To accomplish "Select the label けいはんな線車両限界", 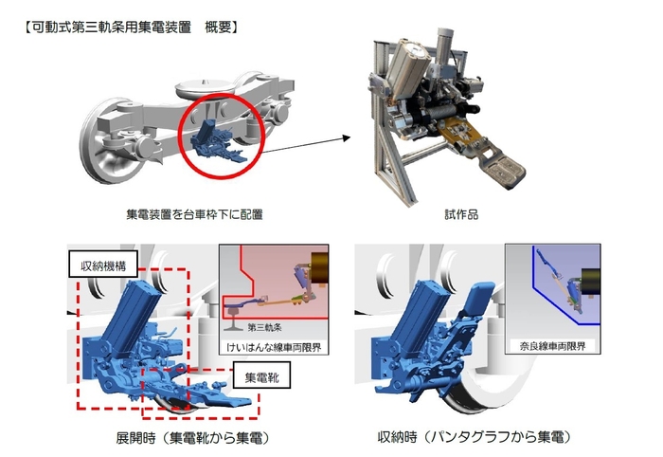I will [274, 346].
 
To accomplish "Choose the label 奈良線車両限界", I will [554, 346].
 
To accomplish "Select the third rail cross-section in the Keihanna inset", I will [233, 306].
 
